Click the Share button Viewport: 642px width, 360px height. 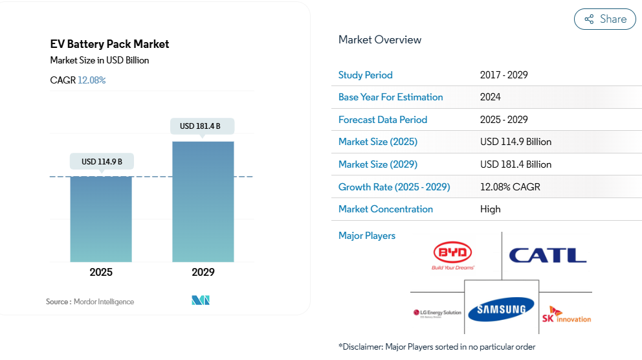[x=604, y=19]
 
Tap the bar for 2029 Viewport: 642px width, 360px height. [x=203, y=201]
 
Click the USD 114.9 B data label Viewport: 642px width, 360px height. [x=102, y=161]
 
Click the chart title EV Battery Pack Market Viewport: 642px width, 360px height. [x=109, y=44]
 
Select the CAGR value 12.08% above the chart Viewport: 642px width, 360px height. [x=92, y=80]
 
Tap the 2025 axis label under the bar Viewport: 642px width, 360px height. [x=101, y=272]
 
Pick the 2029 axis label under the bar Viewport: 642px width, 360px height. [x=203, y=272]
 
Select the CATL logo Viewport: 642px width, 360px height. [x=548, y=255]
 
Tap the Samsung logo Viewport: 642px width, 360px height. [x=501, y=310]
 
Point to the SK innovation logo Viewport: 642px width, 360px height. [x=566, y=314]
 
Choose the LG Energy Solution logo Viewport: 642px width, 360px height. [x=437, y=313]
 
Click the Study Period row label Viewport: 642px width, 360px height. [x=365, y=75]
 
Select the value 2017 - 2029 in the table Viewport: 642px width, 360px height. [x=504, y=75]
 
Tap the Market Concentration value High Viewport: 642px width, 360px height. [x=490, y=209]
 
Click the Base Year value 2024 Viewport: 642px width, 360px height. [x=490, y=97]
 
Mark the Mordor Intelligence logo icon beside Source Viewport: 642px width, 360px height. [x=201, y=300]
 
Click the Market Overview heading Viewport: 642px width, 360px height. [x=380, y=39]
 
